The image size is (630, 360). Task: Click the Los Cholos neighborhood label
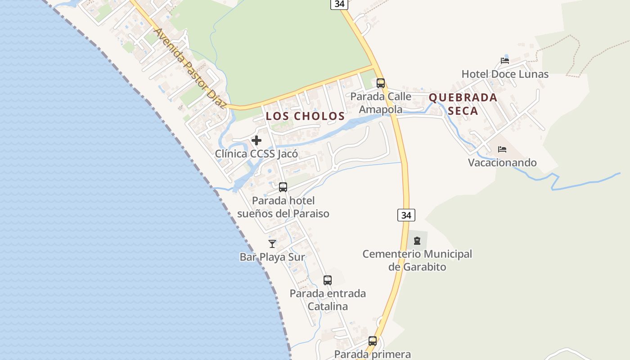click(x=305, y=116)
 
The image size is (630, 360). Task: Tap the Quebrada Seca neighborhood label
click(x=463, y=104)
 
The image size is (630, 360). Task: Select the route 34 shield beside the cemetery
click(x=406, y=215)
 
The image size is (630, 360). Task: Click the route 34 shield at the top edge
click(x=339, y=4)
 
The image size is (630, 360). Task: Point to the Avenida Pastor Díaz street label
click(x=190, y=68)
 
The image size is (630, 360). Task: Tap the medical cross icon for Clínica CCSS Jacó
click(x=256, y=140)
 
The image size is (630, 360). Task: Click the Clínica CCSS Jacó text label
click(x=256, y=154)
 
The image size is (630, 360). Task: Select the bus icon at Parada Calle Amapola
click(x=381, y=83)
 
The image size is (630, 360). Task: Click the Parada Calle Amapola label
click(x=381, y=103)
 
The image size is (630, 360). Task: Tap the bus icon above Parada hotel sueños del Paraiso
click(x=283, y=187)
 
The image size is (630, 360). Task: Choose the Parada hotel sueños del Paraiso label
click(x=283, y=207)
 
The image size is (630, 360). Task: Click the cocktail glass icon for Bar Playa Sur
click(x=272, y=244)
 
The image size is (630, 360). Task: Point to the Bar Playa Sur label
click(x=272, y=257)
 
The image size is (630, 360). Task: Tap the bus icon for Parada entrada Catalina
click(x=328, y=280)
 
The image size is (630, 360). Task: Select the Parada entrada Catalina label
click(x=328, y=300)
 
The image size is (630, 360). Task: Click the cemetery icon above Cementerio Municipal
click(x=417, y=241)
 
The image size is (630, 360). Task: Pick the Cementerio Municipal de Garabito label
click(x=417, y=261)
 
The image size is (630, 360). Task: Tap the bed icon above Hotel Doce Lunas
click(x=505, y=61)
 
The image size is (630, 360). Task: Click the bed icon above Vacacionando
click(x=502, y=149)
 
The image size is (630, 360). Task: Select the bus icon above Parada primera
click(x=373, y=341)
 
